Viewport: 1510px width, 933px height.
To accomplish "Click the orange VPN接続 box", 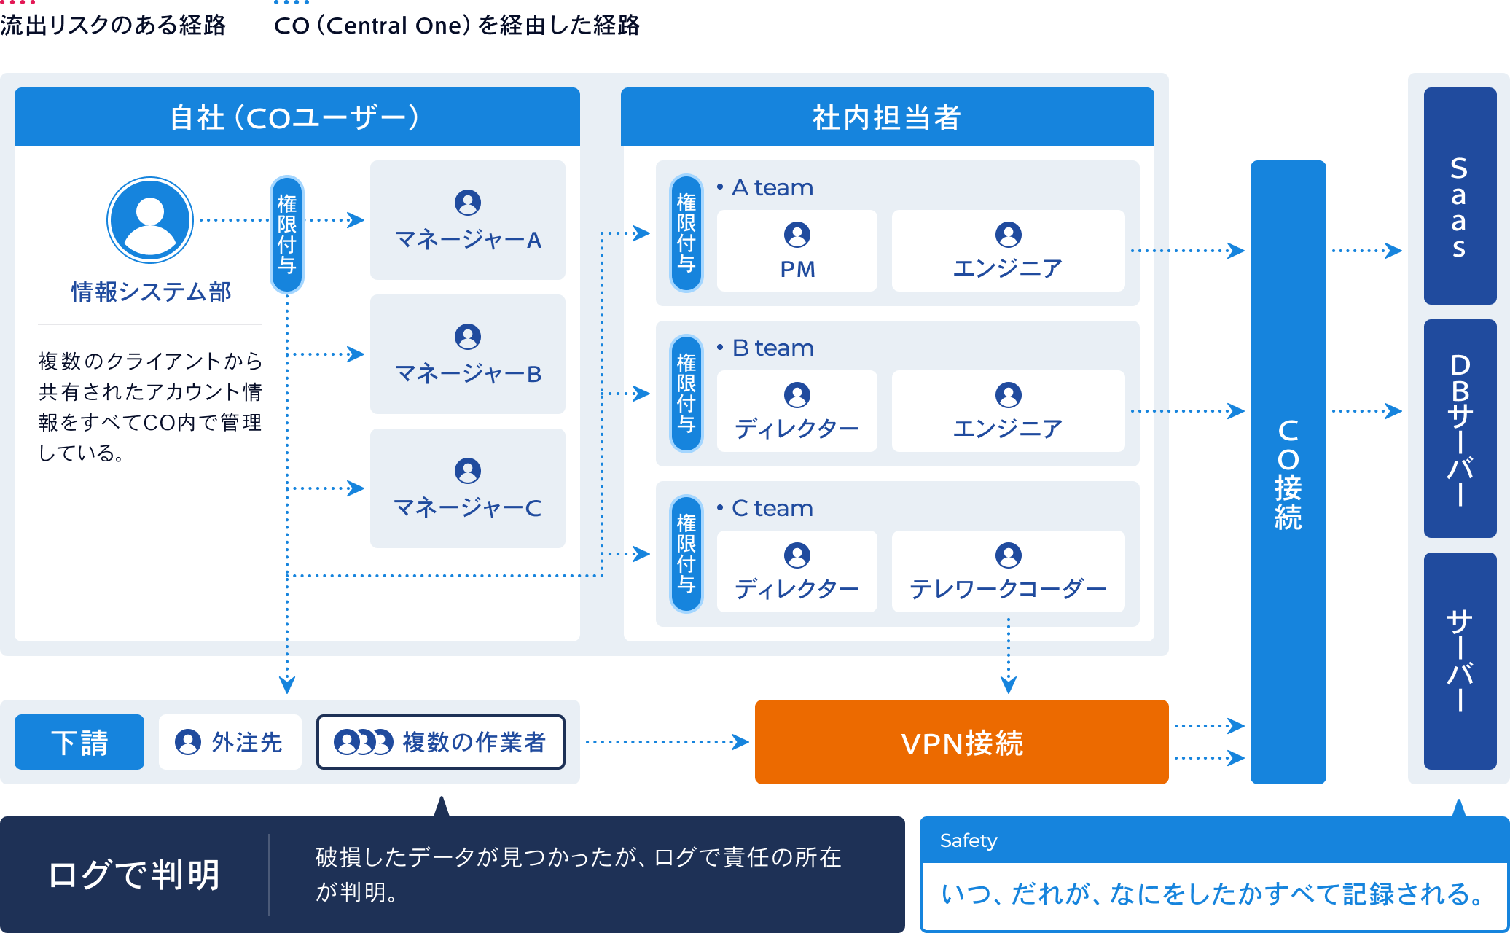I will point(961,742).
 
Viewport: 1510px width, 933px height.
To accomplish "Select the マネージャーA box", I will point(467,220).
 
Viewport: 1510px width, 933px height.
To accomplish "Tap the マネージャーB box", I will point(467,354).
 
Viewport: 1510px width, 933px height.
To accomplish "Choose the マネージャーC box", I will point(467,488).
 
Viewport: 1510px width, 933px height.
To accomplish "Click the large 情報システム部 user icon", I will point(150,220).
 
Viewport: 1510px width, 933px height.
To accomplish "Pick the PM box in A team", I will point(797,251).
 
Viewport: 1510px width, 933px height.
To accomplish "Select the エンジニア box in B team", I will point(1008,411).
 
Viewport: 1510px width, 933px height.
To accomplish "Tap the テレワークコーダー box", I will point(1008,571).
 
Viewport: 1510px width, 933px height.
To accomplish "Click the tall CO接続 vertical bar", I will point(1288,472).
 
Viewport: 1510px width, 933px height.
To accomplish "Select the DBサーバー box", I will point(1459,429).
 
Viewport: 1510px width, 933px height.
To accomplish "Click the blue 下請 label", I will point(79,742).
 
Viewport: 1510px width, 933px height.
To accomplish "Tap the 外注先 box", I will point(230,742).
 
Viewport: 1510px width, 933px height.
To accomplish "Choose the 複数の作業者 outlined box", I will point(440,742).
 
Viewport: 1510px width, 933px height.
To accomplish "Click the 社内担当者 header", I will point(887,117).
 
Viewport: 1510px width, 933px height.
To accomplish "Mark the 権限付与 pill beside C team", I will point(686,554).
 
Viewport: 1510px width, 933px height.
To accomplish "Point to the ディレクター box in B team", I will point(797,411).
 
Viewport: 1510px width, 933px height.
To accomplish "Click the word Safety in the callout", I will point(968,840).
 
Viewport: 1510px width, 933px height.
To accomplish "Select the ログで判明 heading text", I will point(134,874).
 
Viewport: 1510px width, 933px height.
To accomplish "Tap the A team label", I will point(772,188).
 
